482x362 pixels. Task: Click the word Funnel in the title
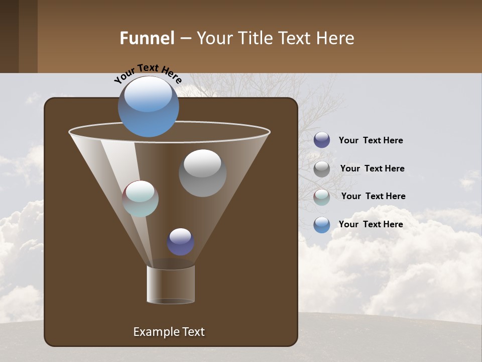[x=147, y=38]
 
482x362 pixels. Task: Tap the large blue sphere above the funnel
[x=149, y=107]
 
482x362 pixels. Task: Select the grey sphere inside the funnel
[x=202, y=173]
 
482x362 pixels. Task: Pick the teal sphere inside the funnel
[x=141, y=199]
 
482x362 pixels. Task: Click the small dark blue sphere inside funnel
[x=181, y=242]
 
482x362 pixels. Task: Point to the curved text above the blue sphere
[x=148, y=73]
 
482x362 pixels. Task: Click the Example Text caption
[x=169, y=332]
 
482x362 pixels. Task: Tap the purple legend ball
[x=322, y=140]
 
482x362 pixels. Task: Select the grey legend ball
[x=322, y=168]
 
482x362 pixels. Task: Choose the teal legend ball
[x=322, y=197]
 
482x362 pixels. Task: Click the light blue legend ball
[x=322, y=225]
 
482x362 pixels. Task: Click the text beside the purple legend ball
[x=371, y=140]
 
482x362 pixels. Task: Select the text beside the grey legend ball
[x=372, y=168]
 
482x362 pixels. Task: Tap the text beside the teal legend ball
[x=373, y=196]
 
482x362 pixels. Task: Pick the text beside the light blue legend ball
[x=371, y=224]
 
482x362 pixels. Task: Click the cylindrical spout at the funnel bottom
[x=171, y=285]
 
